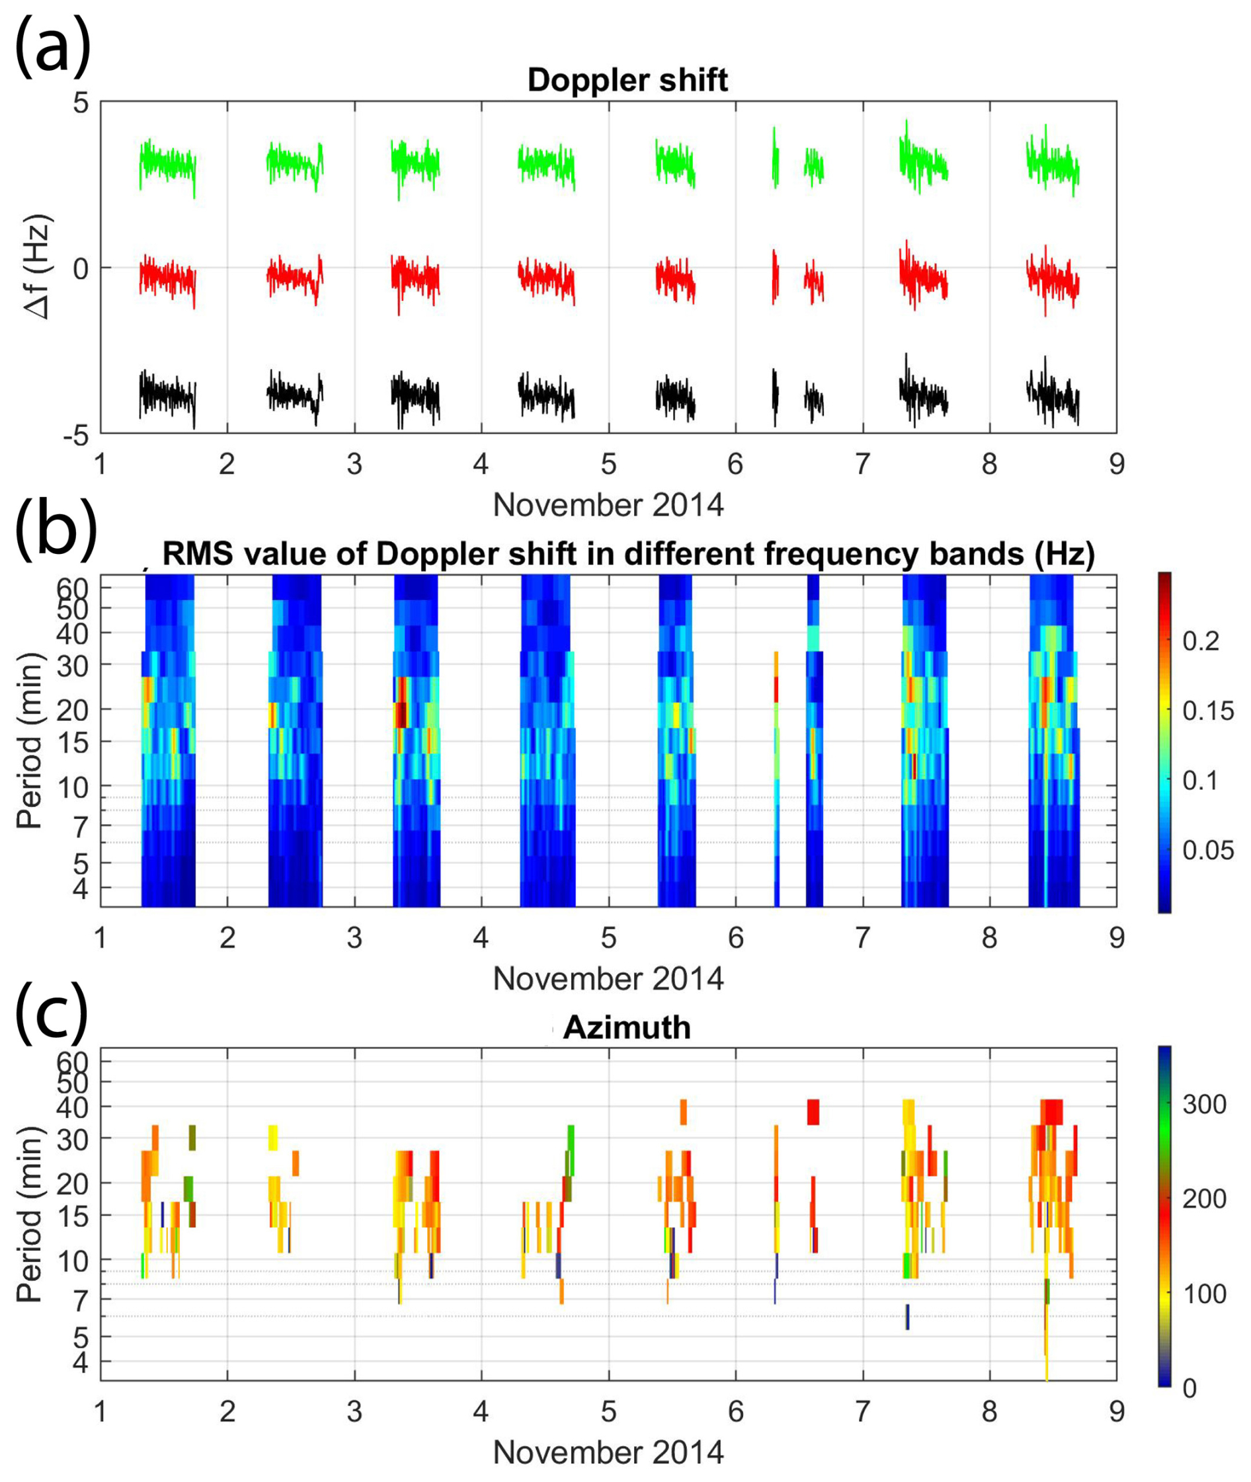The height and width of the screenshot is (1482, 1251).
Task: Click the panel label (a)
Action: click(52, 46)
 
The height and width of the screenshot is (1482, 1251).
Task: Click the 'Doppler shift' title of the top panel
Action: click(627, 80)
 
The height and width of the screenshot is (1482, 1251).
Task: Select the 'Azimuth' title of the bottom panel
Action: click(626, 1027)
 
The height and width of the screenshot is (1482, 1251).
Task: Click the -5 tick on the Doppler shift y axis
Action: click(75, 434)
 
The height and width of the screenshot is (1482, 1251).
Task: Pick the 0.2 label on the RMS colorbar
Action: click(1200, 641)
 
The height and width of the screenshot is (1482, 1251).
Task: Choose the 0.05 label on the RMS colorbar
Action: click(1207, 849)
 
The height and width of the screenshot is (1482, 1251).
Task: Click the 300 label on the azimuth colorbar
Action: click(1203, 1104)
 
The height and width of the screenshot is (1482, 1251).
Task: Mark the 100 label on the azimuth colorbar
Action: click(1203, 1294)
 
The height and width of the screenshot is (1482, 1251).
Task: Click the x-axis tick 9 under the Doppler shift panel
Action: click(1116, 465)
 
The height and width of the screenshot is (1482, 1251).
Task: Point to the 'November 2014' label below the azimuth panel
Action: click(608, 1453)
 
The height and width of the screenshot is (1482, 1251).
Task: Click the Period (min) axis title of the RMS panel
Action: click(30, 741)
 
